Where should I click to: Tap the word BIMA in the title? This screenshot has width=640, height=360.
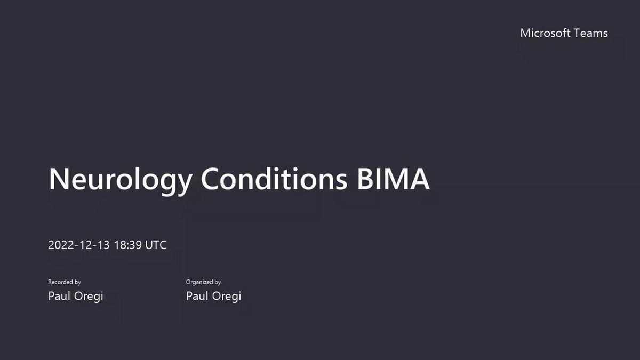[x=394, y=179]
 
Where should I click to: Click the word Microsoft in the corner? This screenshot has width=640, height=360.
[x=545, y=33]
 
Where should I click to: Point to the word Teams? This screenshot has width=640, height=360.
[x=590, y=33]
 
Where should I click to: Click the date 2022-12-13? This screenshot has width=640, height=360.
[x=79, y=245]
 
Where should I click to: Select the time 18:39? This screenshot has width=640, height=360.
[x=128, y=245]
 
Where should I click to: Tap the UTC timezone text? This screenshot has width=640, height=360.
[x=156, y=245]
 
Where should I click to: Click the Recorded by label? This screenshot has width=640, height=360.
[x=65, y=282]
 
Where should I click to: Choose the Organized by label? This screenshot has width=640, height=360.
[x=203, y=282]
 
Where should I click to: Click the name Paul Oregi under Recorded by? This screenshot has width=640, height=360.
[x=75, y=297]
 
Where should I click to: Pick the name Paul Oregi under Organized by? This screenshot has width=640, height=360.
[x=213, y=297]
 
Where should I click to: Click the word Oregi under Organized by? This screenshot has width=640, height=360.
[x=227, y=297]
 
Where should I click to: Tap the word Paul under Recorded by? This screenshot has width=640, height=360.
[x=59, y=295]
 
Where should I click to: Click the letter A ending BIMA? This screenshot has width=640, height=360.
[x=419, y=179]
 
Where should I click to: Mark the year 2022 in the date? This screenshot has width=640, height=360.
[x=61, y=245]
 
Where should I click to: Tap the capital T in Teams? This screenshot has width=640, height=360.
[x=577, y=33]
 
